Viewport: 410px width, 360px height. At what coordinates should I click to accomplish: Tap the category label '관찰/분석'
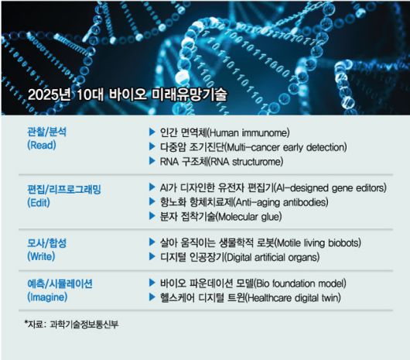pos(46,132)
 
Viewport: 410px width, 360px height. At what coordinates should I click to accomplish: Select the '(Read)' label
pos(43,146)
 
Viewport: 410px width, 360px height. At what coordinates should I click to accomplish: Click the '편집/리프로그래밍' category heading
pos(64,188)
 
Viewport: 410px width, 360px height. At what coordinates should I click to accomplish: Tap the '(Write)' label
pos(43,256)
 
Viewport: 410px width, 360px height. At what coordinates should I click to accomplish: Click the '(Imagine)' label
pos(49,297)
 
